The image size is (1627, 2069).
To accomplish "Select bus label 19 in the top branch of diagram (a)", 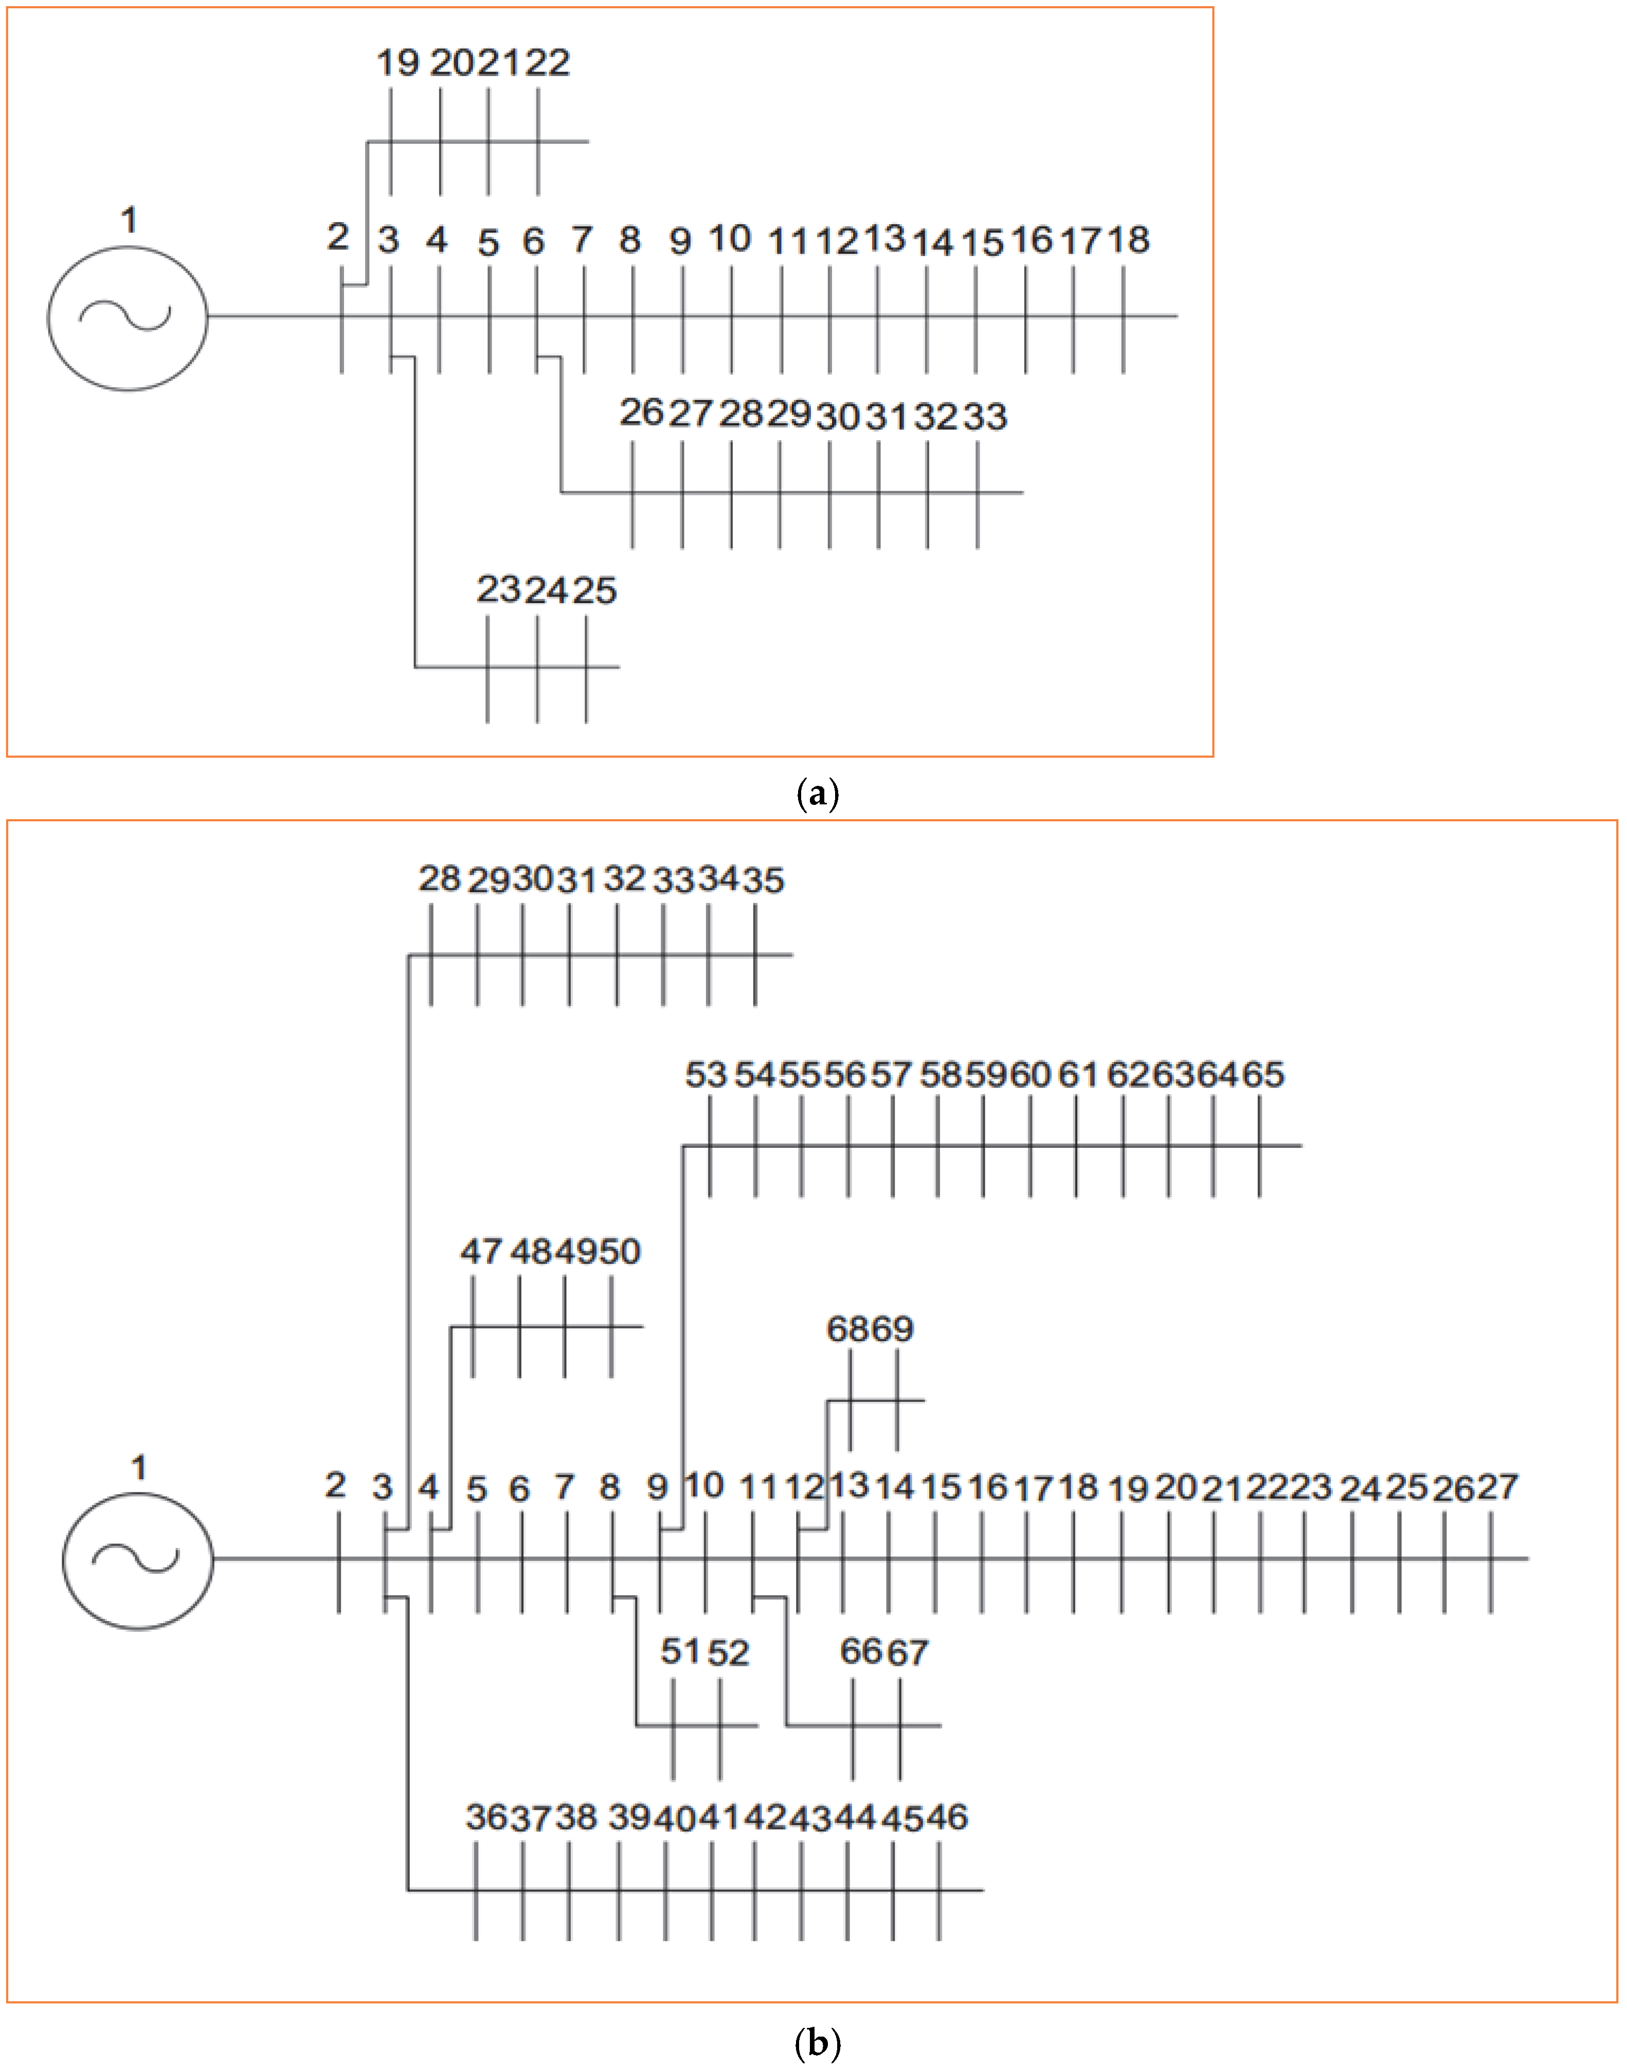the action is click(x=396, y=63).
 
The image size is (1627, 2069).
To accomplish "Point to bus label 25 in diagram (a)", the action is click(x=594, y=590).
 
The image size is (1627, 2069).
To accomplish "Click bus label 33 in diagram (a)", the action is click(x=985, y=416).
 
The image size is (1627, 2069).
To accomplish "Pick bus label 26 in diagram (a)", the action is click(x=641, y=412).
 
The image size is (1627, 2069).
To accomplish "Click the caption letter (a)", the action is click(x=817, y=794).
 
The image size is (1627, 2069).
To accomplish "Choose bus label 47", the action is click(x=481, y=1251).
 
